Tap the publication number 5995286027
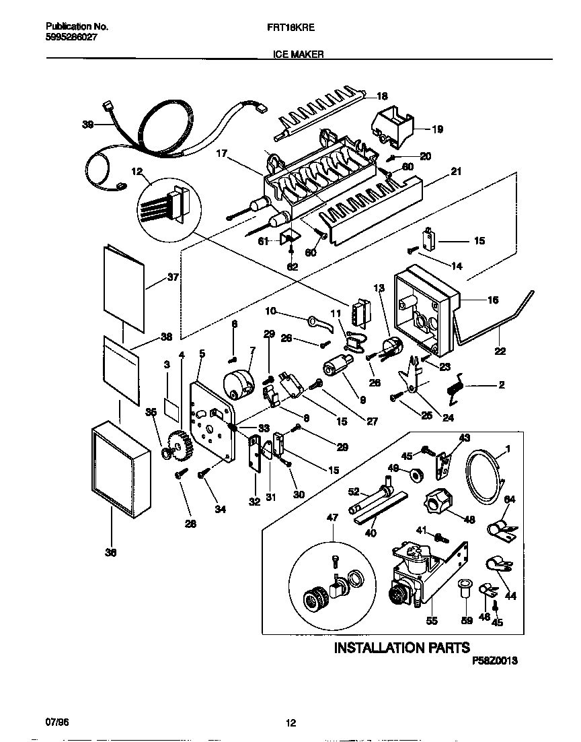[x=72, y=38]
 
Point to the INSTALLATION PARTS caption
[x=402, y=648]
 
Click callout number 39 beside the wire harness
[x=87, y=125]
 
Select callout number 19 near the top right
[x=437, y=129]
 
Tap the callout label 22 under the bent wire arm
[x=500, y=351]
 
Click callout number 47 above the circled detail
[x=332, y=517]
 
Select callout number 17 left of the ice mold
[x=221, y=154]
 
